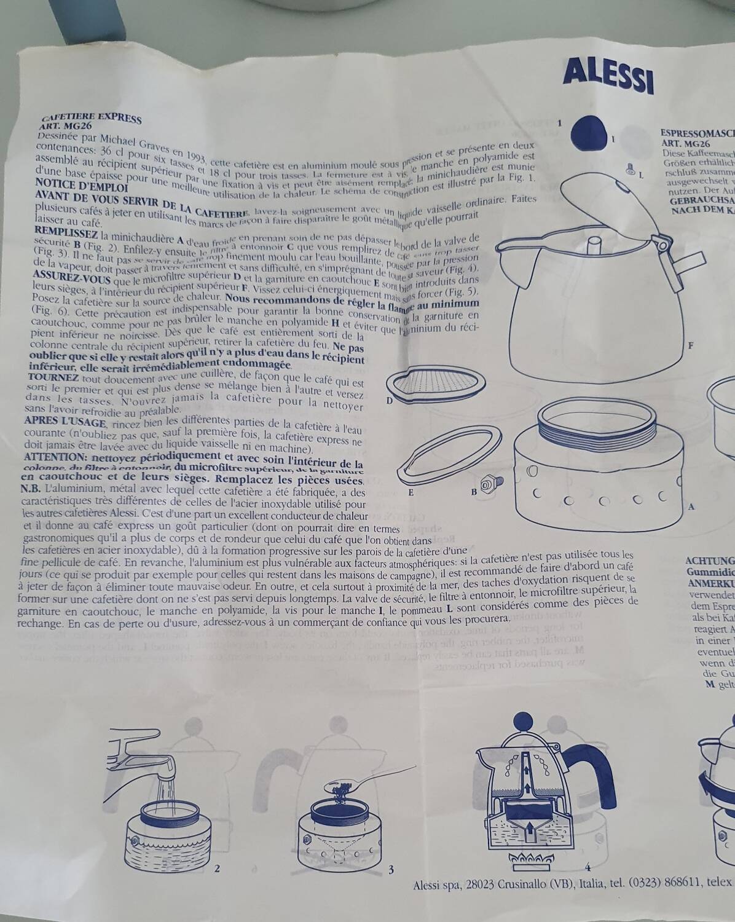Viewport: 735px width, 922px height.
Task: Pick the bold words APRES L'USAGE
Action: coord(65,422)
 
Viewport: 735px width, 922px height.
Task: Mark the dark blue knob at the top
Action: coord(589,132)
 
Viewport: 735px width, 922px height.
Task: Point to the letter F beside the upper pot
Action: coord(690,346)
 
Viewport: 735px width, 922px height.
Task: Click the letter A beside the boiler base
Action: coord(692,507)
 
